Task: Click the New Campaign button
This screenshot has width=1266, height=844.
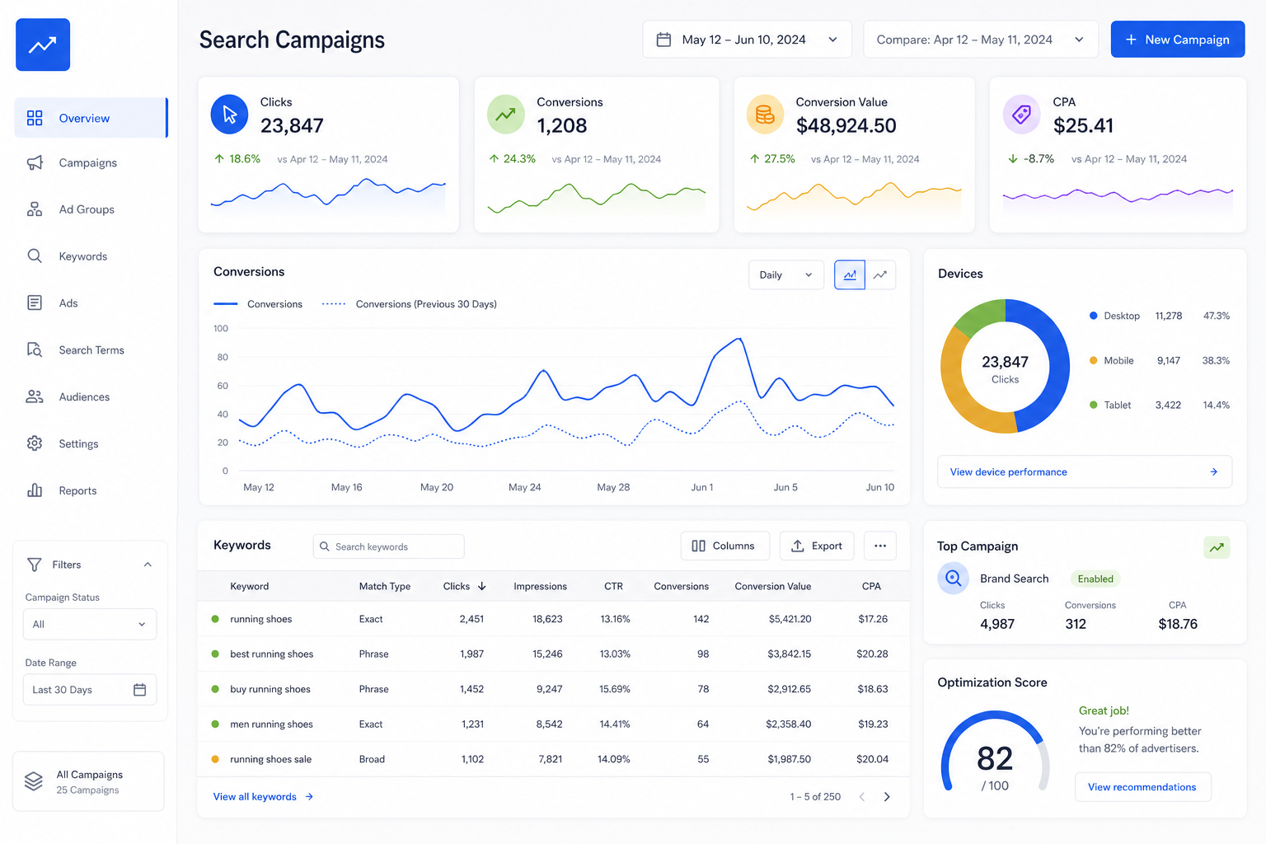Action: pos(1177,40)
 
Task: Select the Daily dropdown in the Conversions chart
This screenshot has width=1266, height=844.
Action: pos(785,274)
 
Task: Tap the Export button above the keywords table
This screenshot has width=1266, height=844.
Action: pos(817,546)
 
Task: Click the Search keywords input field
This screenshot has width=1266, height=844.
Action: pos(389,546)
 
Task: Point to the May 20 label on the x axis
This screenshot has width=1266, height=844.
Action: pos(436,487)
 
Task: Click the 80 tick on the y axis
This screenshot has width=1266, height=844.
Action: pos(223,357)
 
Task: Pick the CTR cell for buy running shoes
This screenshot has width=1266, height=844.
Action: pos(614,689)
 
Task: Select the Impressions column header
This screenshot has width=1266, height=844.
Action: pos(540,586)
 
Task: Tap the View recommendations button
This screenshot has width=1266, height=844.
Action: pos(1142,787)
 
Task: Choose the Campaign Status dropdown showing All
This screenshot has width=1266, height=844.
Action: pos(90,624)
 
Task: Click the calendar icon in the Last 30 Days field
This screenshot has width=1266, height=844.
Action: pos(139,690)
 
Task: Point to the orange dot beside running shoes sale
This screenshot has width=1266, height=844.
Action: pos(215,759)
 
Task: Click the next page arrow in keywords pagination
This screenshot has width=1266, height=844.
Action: pos(887,796)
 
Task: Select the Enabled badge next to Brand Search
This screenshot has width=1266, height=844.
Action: pos(1095,579)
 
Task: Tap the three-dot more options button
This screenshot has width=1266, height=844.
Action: pos(880,546)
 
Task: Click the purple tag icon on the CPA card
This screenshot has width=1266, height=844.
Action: pos(1021,115)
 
